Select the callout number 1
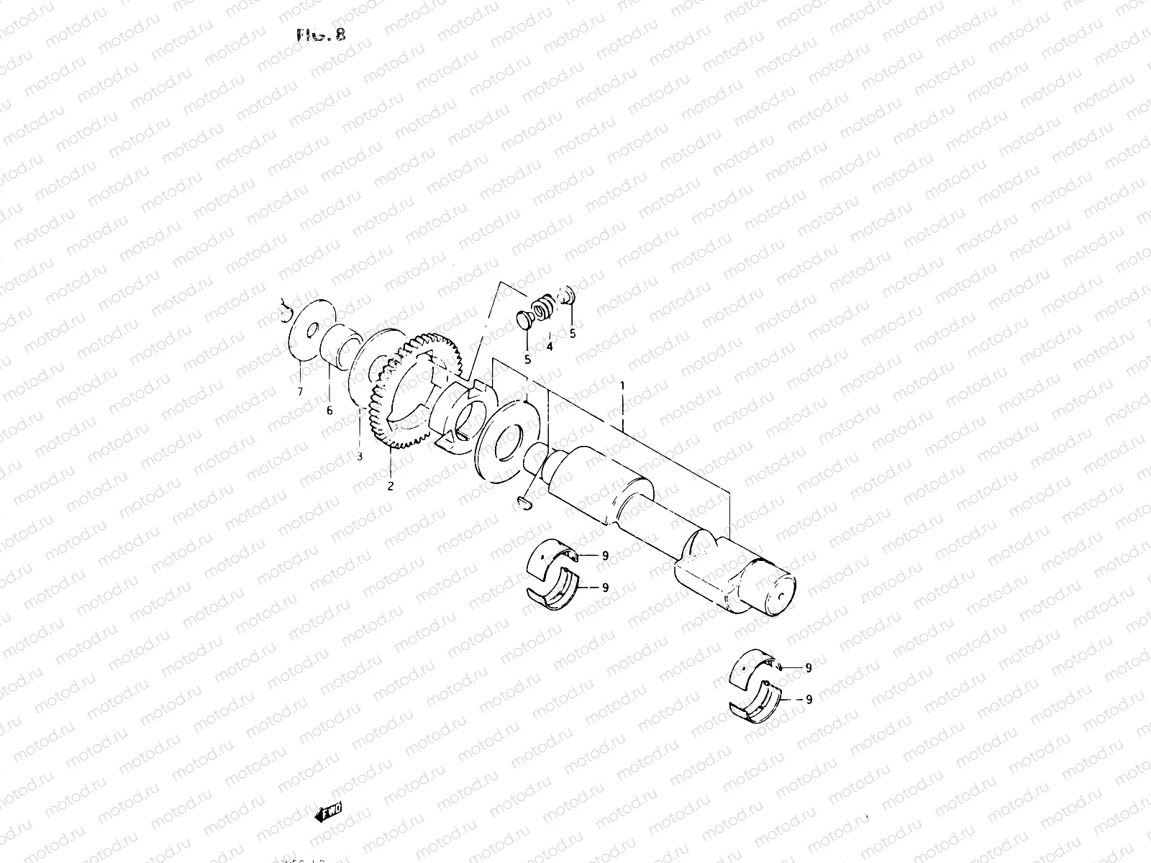623,386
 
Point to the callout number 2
391,486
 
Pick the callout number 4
549,346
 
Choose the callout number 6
329,411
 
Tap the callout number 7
301,391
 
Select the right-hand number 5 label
573,334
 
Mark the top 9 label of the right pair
809,667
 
